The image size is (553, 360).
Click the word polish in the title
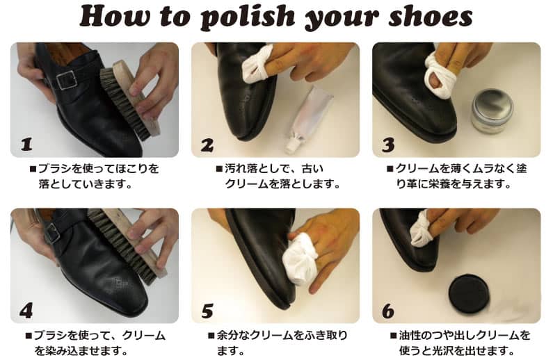(x=248, y=17)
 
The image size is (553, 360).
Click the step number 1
(x=26, y=144)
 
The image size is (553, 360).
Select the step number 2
(x=207, y=145)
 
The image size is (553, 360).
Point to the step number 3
(x=388, y=145)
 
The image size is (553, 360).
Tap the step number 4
(x=26, y=311)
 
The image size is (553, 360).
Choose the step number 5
(x=207, y=311)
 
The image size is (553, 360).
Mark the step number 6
(x=388, y=311)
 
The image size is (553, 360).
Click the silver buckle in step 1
(x=67, y=81)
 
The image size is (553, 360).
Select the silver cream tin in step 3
(x=492, y=111)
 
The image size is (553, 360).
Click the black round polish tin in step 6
(x=468, y=295)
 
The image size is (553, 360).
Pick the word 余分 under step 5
(x=227, y=335)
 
